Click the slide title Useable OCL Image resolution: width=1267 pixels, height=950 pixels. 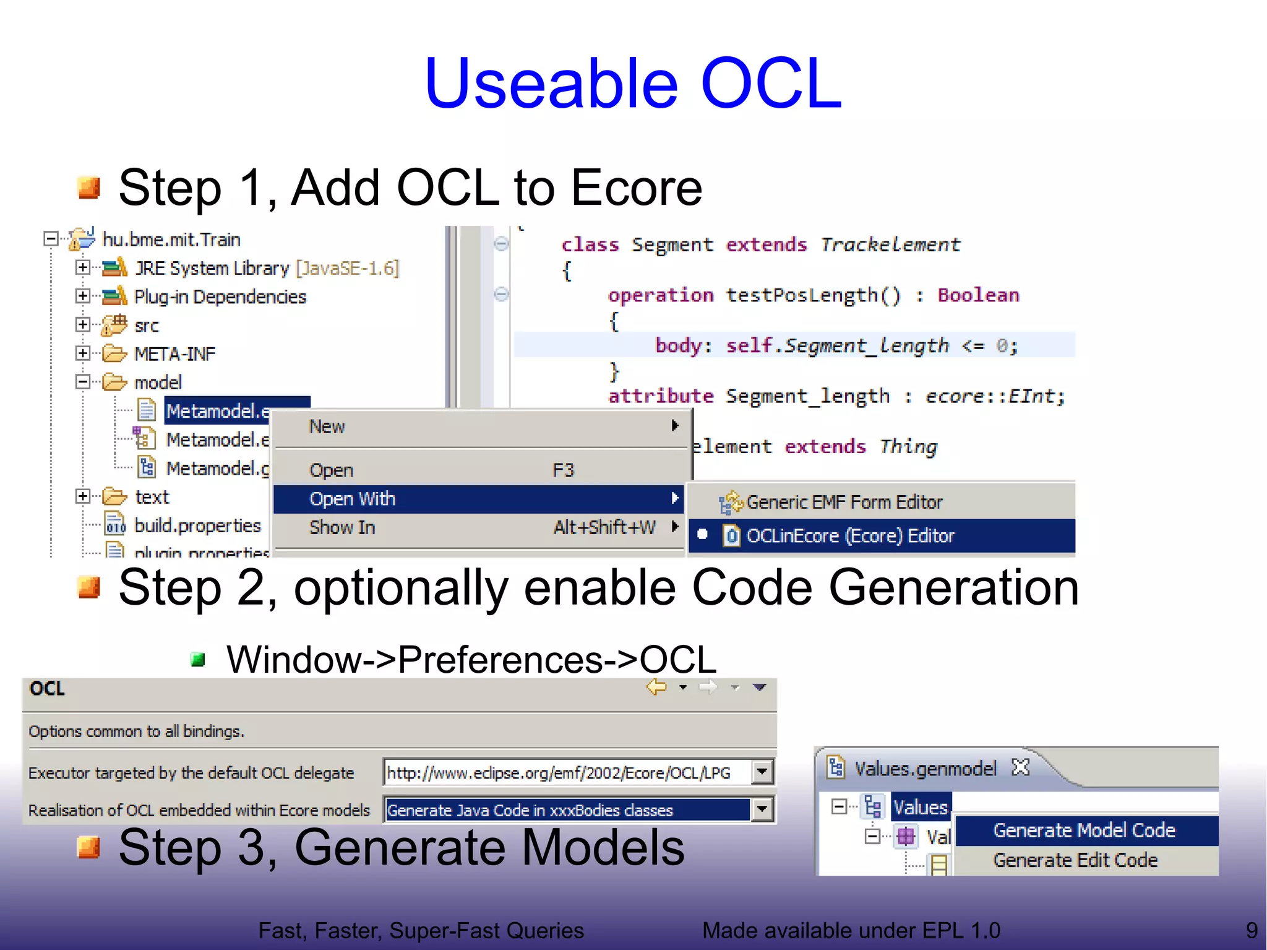[x=632, y=84]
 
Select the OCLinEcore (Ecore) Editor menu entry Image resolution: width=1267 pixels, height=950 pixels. [x=850, y=536]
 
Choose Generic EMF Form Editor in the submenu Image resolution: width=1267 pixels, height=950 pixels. [x=844, y=502]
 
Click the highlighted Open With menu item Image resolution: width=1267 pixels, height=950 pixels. [x=353, y=499]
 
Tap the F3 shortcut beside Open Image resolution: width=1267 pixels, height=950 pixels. [x=563, y=470]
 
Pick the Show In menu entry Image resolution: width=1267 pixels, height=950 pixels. [x=342, y=528]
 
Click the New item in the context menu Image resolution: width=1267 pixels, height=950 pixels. [x=327, y=426]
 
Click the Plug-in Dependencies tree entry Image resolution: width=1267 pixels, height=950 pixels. [x=220, y=297]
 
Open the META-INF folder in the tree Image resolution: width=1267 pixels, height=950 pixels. [x=174, y=354]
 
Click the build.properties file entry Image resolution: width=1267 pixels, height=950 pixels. [x=197, y=525]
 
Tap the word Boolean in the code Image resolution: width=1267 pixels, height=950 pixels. [x=978, y=295]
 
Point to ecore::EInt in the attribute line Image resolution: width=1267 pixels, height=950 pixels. [x=994, y=396]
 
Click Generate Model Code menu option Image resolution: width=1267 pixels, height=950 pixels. [x=1084, y=831]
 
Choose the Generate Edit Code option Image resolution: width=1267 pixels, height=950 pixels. [x=1075, y=860]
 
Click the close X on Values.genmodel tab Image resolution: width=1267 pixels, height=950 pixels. [x=1020, y=767]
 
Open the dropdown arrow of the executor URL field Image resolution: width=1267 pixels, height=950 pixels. [x=762, y=772]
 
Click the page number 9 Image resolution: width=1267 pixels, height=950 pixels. [x=1252, y=930]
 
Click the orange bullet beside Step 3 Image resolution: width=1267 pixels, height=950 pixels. [x=89, y=847]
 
